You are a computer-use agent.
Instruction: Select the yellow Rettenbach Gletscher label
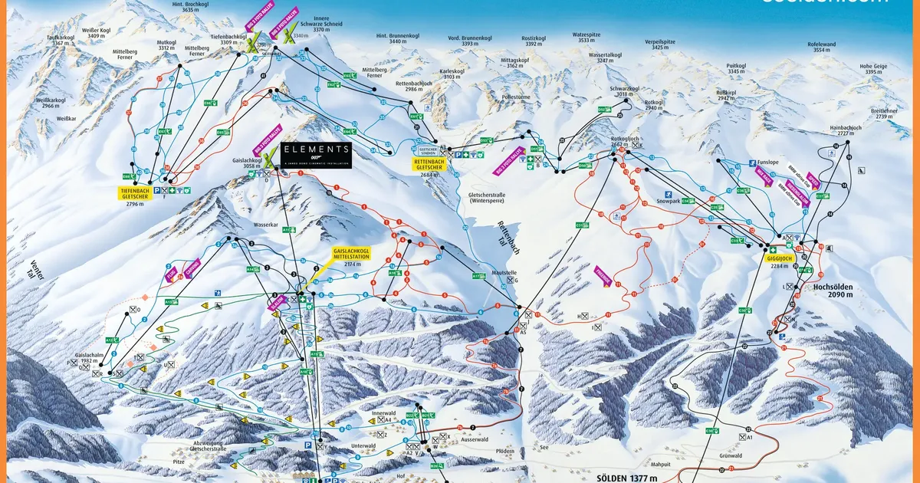pos(429,166)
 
